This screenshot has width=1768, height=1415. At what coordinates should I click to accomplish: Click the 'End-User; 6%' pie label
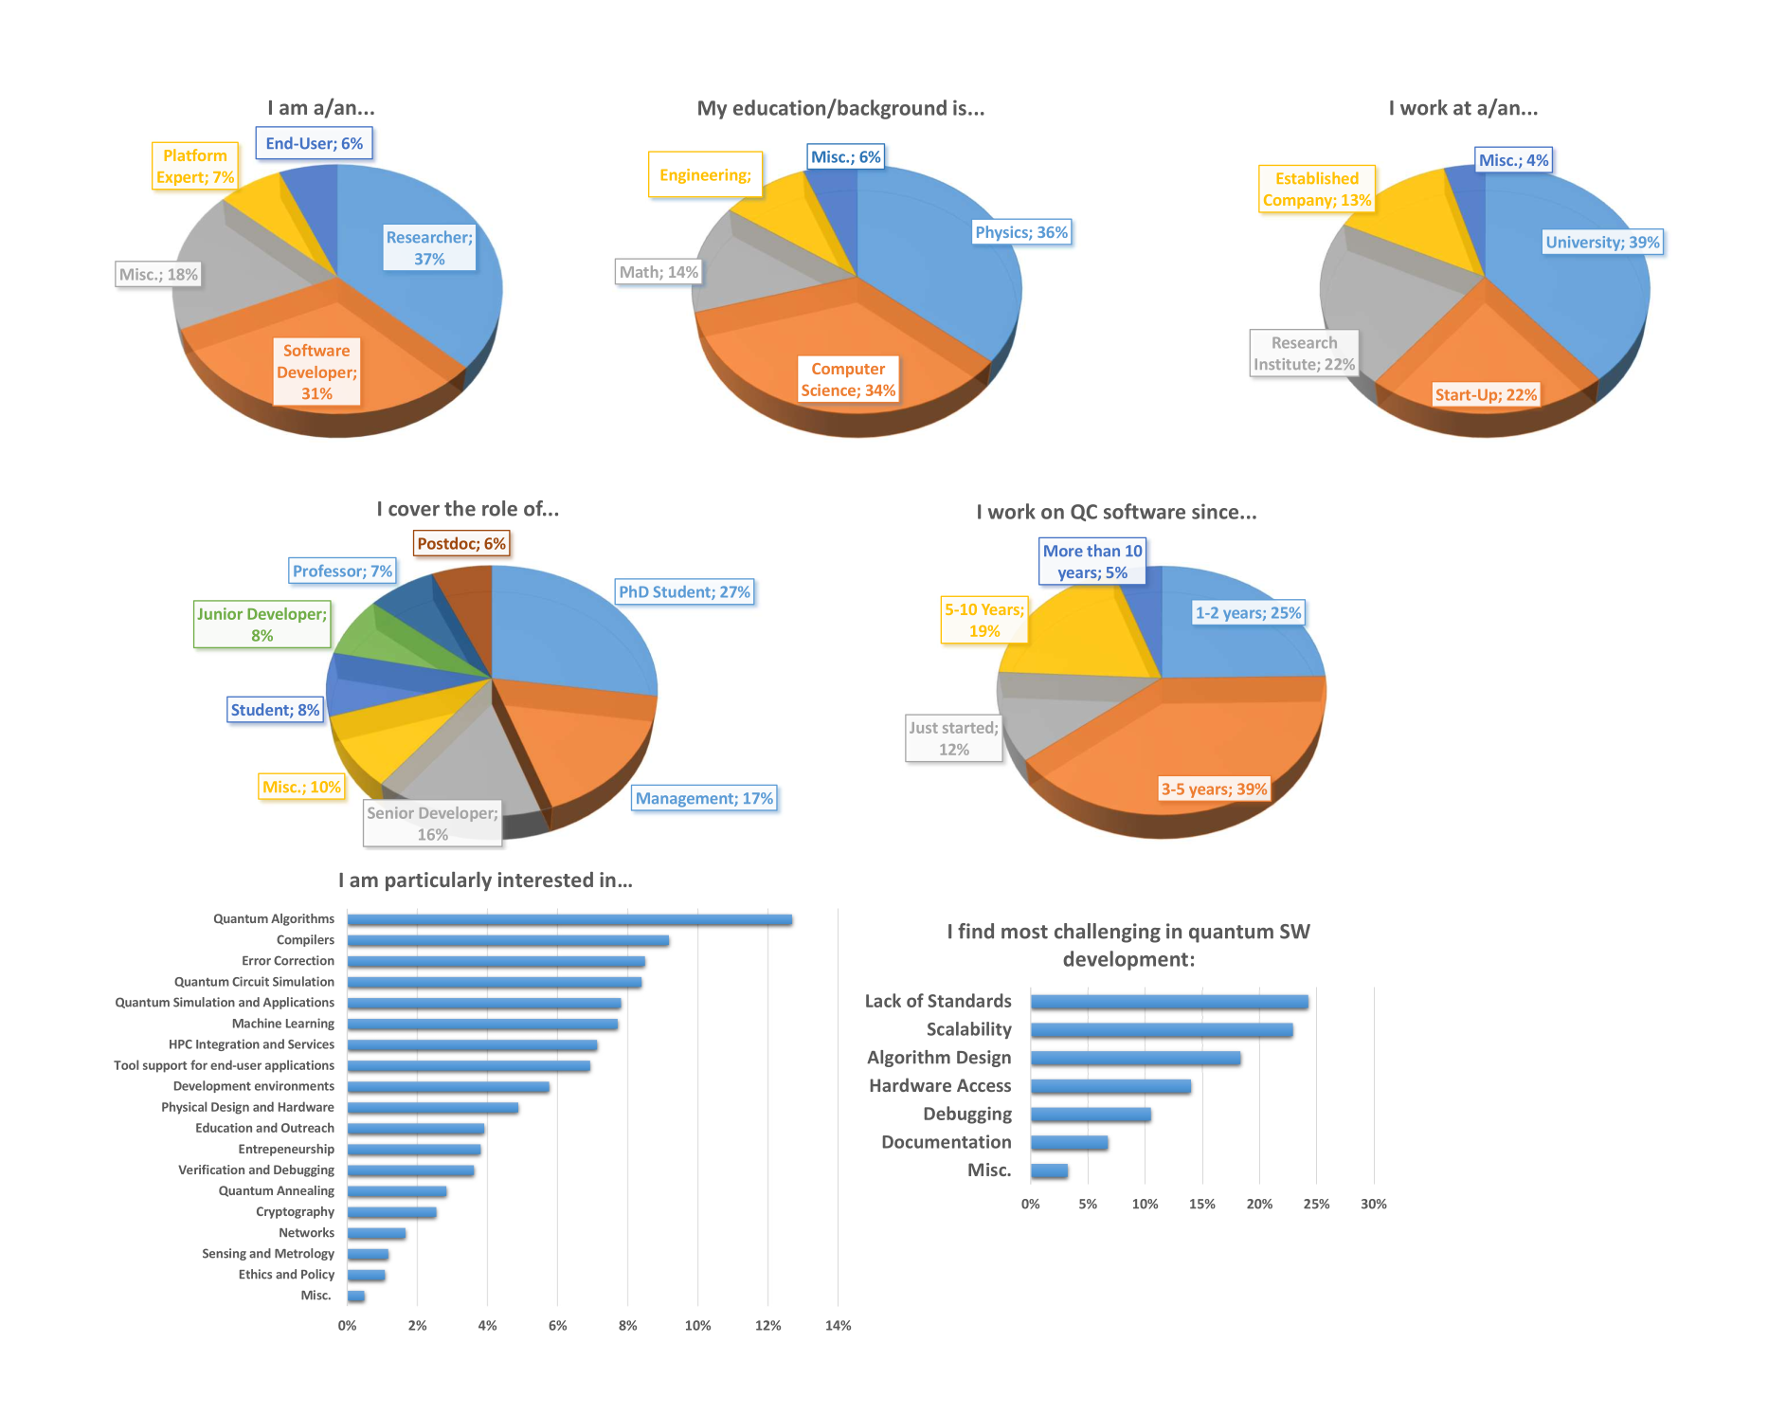[x=314, y=144]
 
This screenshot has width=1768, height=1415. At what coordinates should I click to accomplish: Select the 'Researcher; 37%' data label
[x=429, y=248]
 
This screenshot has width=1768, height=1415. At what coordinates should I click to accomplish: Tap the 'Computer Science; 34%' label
[x=848, y=379]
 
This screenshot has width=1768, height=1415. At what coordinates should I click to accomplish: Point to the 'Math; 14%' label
[x=658, y=273]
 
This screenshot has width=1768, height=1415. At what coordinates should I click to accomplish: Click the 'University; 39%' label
[x=1602, y=243]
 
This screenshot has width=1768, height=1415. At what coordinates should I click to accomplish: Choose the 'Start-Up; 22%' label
[x=1486, y=395]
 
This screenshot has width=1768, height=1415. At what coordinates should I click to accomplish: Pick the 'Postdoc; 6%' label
[x=461, y=544]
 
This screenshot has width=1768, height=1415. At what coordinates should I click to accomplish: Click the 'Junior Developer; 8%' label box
[x=262, y=625]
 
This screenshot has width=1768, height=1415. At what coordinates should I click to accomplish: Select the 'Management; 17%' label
[x=704, y=799]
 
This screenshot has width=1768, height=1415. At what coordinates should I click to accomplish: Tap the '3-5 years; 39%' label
[x=1214, y=789]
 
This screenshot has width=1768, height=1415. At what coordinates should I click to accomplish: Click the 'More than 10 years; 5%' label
[x=1092, y=562]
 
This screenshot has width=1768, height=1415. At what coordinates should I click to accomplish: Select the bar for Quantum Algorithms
[x=569, y=920]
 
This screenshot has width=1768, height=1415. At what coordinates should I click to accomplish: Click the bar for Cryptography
[x=391, y=1212]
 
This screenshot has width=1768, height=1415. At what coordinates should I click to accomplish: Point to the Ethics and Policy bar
[x=366, y=1276]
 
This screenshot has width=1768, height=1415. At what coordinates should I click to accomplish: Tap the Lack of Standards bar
[x=1169, y=1002]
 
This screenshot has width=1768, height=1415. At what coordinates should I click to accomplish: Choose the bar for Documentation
[x=1069, y=1143]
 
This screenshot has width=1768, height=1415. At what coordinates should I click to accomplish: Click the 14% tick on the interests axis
[x=838, y=1326]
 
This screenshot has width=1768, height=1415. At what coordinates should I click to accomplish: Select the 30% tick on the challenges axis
[x=1373, y=1205]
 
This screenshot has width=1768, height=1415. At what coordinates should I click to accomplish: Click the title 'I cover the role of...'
[x=468, y=509]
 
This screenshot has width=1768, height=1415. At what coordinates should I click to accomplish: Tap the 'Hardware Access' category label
[x=940, y=1086]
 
